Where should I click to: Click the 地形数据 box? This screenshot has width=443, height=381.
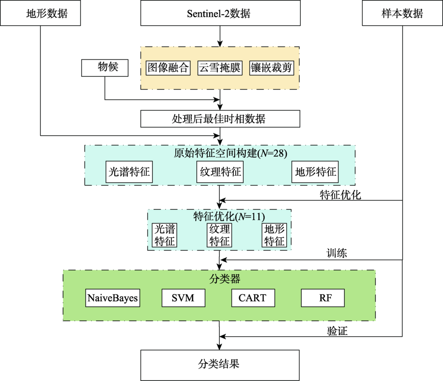41,13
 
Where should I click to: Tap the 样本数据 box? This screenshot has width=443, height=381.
402,13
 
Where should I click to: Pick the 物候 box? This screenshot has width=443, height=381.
105,68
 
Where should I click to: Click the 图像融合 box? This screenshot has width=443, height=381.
168,68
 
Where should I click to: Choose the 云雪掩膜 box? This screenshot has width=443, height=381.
220,68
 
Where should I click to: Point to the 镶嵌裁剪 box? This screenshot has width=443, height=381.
272,68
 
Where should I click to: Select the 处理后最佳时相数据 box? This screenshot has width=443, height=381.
220,119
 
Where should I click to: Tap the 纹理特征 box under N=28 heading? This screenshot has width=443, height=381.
220,172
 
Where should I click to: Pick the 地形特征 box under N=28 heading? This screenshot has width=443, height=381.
315,172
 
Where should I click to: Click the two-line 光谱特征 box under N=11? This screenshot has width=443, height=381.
165,235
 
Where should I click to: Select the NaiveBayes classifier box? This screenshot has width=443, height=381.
112,298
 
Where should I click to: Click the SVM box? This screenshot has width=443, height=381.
183,298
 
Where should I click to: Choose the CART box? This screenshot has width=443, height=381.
253,298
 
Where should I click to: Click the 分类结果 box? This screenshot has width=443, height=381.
220,364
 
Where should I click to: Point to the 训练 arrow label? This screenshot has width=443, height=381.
337,254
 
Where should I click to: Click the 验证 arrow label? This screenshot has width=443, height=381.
337,331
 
